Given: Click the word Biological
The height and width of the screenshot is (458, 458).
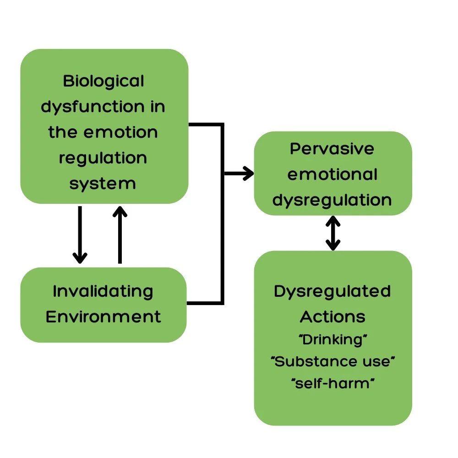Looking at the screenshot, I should click(x=104, y=82).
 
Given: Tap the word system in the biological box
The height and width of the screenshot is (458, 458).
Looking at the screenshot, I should click(x=103, y=184).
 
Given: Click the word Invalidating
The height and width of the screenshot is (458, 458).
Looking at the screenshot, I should click(x=103, y=291).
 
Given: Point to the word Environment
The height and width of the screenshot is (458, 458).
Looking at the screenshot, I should click(x=104, y=316).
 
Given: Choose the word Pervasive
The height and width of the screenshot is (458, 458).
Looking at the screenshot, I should click(x=332, y=149).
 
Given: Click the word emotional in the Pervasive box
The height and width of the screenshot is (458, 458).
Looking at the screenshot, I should click(x=332, y=174).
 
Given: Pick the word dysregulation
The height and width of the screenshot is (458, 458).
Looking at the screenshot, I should click(x=332, y=200).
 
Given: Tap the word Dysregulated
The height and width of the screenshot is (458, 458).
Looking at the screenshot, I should click(x=332, y=291).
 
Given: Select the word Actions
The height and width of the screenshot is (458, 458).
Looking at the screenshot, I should click(x=332, y=316).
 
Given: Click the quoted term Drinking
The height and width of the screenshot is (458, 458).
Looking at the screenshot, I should click(x=333, y=340).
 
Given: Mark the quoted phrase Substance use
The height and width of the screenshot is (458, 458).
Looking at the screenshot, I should click(x=333, y=361).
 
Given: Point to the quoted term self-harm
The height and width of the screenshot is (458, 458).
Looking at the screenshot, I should click(x=333, y=383).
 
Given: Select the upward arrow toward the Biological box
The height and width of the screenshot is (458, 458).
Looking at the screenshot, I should click(x=120, y=234).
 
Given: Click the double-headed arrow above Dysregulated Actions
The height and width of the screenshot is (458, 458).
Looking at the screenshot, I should click(x=333, y=233).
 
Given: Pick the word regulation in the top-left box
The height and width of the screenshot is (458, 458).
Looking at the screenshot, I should click(x=103, y=158).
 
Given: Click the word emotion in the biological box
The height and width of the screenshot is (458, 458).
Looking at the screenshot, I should click(x=121, y=132).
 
